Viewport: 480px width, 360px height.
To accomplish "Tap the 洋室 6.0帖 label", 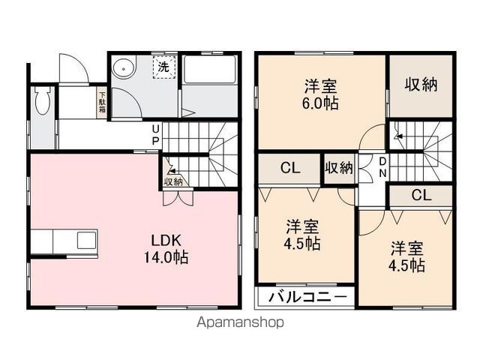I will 321,94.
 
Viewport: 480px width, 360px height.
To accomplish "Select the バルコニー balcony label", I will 307,297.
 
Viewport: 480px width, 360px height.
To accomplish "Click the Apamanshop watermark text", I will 240,323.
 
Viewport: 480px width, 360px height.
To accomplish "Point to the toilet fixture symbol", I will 41,101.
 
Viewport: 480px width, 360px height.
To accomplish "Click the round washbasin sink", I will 122,70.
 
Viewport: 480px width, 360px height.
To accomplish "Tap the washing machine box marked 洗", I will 163,67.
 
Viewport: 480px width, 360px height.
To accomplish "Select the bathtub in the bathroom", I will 210,71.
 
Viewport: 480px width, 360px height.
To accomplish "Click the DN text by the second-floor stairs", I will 382,167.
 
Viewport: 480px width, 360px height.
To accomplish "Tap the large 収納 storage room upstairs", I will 420,84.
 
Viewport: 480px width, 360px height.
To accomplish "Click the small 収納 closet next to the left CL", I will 339,168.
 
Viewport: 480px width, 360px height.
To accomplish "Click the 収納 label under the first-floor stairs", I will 173,181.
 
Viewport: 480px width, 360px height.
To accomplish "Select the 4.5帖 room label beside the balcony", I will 303,235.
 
